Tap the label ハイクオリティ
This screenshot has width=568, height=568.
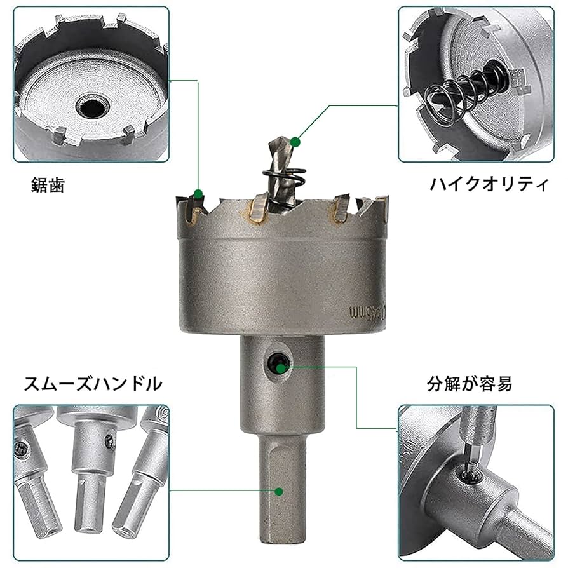tap(489, 184)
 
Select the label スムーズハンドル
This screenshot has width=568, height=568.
tap(93, 384)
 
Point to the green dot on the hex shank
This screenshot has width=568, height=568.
tap(278, 490)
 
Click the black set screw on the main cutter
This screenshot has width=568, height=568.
tap(275, 363)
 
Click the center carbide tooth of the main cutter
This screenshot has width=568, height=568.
tap(257, 210)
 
